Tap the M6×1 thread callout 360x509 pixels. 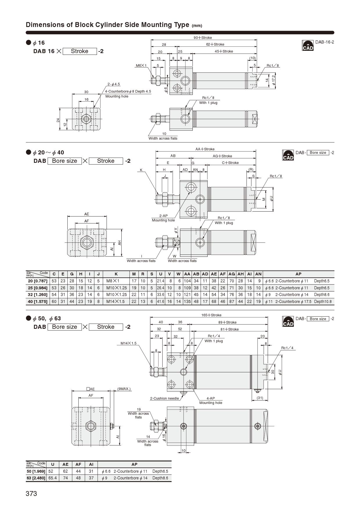click(141, 66)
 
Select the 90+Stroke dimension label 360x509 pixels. click(203, 38)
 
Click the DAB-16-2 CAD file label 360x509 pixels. click(325, 42)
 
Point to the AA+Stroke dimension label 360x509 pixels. click(205, 149)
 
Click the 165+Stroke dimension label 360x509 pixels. click(211, 315)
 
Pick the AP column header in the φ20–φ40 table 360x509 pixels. click(298, 274)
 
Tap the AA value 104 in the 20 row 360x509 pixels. click(187, 281)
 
